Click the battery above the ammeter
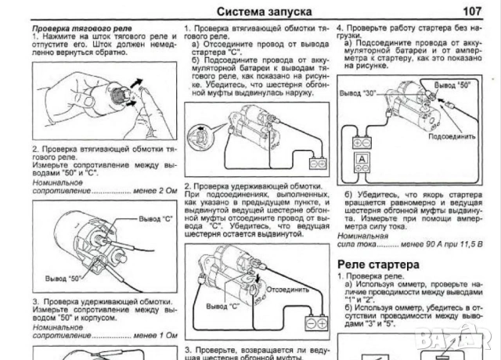pos(362,142)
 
